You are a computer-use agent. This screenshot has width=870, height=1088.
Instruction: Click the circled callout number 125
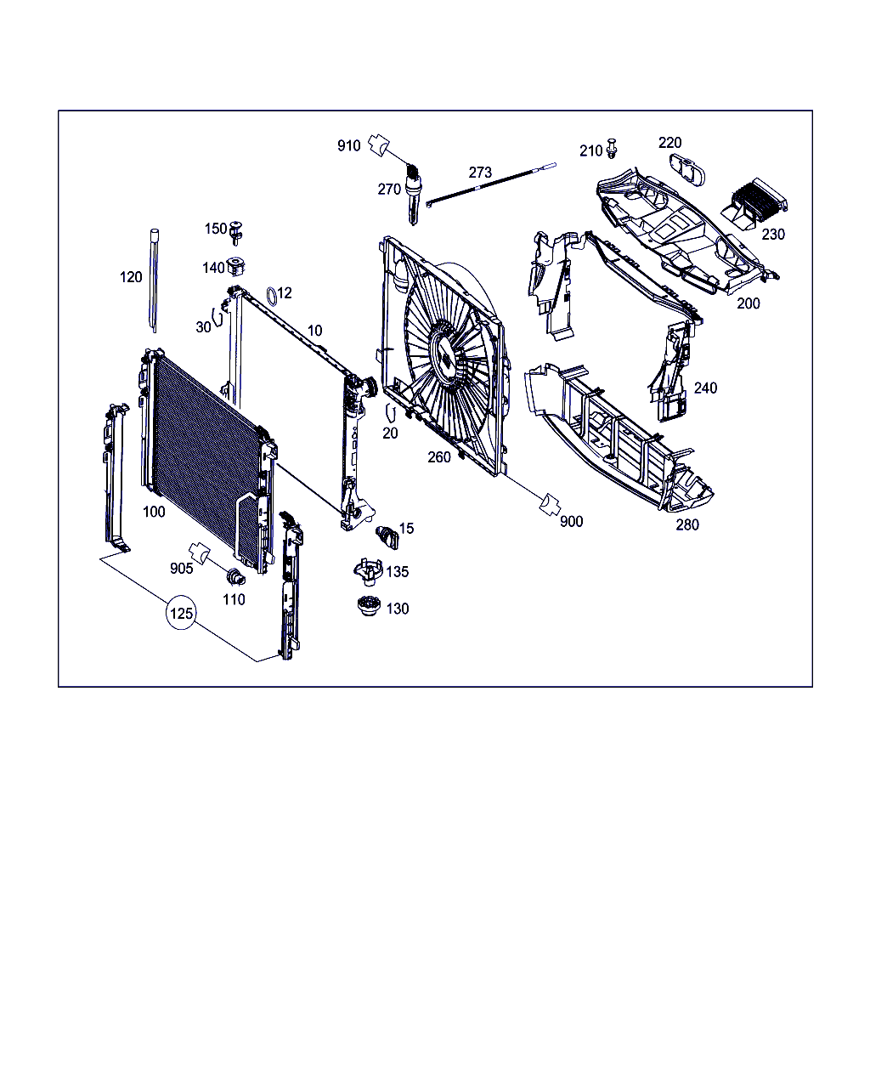pyautogui.click(x=181, y=613)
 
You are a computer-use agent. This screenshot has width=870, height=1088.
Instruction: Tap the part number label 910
pyautogui.click(x=349, y=145)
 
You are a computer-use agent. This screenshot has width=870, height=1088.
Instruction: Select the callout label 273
pyautogui.click(x=480, y=173)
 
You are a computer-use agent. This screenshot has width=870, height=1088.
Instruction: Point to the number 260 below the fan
pyautogui.click(x=438, y=457)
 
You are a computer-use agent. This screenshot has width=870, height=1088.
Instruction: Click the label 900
pyautogui.click(x=571, y=521)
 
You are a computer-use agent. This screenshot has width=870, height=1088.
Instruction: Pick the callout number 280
pyautogui.click(x=687, y=524)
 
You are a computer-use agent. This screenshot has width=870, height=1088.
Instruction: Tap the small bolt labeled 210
pyautogui.click(x=613, y=147)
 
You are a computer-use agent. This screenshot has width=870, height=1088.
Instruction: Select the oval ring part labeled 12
pyautogui.click(x=272, y=297)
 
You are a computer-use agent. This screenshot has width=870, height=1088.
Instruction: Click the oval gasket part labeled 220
pyautogui.click(x=686, y=170)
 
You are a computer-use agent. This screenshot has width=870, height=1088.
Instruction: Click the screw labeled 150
pyautogui.click(x=235, y=233)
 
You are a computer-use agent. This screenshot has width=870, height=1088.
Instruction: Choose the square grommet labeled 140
pyautogui.click(x=235, y=266)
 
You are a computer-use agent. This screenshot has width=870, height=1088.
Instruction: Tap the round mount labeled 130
pyautogui.click(x=368, y=606)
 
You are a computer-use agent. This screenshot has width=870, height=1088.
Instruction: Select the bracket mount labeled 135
pyautogui.click(x=369, y=571)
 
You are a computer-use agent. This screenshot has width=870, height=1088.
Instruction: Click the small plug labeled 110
pyautogui.click(x=235, y=576)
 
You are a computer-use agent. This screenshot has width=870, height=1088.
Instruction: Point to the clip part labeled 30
pyautogui.click(x=217, y=317)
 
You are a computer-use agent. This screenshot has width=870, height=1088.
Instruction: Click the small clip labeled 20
pyautogui.click(x=390, y=412)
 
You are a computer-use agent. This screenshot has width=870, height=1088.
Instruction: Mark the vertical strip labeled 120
pyautogui.click(x=154, y=281)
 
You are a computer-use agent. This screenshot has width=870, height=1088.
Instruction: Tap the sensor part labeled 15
pyautogui.click(x=387, y=537)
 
